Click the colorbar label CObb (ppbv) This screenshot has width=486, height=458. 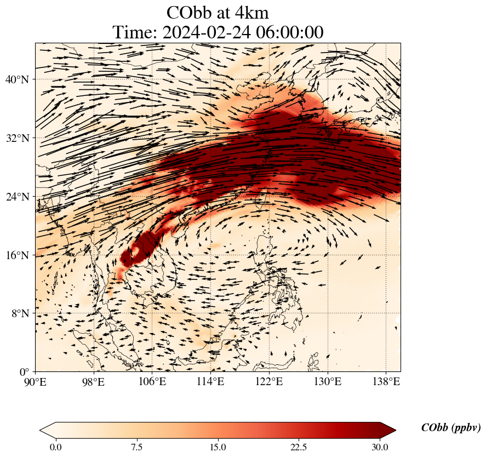450,428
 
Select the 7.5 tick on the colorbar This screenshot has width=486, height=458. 136,448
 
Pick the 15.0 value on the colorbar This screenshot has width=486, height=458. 218,448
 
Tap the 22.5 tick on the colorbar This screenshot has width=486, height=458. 299,448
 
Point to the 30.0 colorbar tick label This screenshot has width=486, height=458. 380,448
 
